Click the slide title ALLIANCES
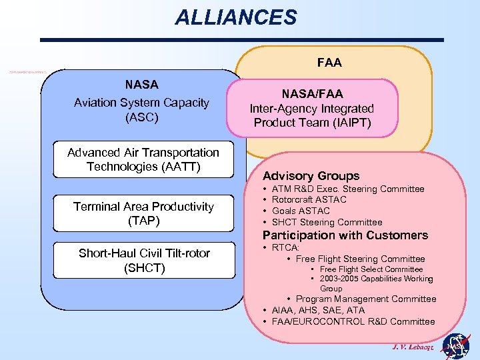coord(235,17)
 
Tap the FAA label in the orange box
coord(329,63)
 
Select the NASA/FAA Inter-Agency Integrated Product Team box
coord(311,108)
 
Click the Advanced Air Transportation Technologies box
coord(143,159)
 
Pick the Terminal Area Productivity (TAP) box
coord(143,213)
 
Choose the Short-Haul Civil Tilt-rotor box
coord(144,261)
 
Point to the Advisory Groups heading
coord(311,176)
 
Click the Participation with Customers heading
coord(345,235)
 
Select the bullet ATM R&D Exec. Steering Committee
coord(349,189)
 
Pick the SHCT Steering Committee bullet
coord(327,222)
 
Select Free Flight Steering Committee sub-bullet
coord(360,259)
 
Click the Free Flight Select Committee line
coord(371,269)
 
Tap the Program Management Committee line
coord(365,299)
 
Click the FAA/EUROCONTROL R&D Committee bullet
coord(353,321)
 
